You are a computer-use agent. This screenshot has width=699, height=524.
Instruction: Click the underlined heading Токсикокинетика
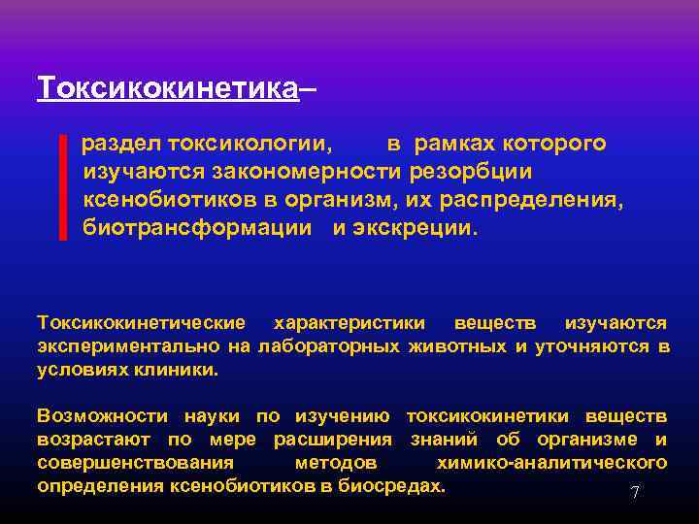[166, 88]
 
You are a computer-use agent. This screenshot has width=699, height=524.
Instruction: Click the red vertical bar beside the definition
[63, 187]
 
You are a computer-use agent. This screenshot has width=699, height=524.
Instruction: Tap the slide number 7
[635, 493]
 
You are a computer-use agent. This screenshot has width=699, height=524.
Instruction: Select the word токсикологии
[250, 145]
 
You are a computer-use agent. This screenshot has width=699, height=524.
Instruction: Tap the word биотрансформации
[197, 229]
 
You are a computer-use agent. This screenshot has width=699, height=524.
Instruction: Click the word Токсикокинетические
[142, 322]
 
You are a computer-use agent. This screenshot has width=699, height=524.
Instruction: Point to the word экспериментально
[130, 345]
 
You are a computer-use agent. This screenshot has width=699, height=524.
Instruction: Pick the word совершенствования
[135, 463]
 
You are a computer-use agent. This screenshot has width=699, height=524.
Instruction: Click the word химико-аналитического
[551, 463]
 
